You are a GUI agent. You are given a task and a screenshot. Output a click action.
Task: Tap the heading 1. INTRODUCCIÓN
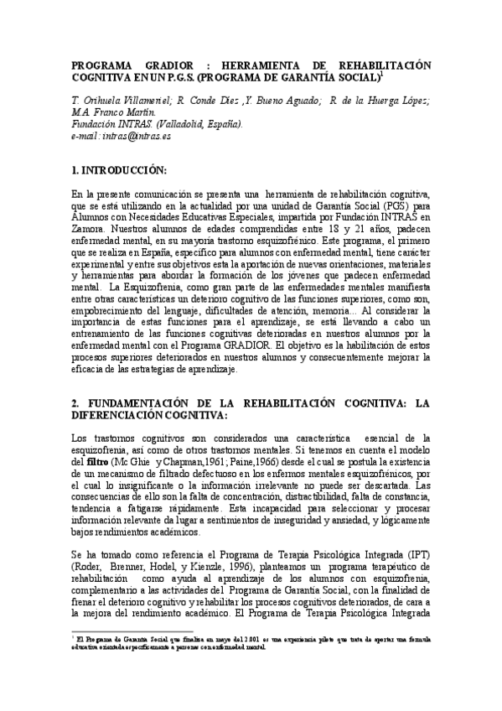120,170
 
